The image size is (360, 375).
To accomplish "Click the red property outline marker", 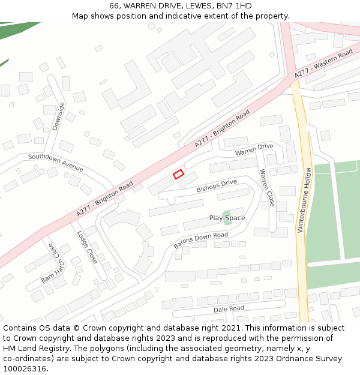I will (178, 174).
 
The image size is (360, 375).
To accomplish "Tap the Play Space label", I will (227, 218).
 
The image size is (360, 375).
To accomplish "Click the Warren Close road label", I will (266, 188).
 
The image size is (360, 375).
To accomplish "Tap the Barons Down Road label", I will (201, 241).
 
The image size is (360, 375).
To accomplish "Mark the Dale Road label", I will (229, 308).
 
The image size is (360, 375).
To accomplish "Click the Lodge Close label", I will (87, 247).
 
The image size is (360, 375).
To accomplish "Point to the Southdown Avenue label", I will (56, 162).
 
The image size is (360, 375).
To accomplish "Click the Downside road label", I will (58, 115).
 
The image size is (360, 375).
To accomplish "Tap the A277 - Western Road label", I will (323, 64).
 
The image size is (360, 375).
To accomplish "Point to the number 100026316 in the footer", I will (25, 368).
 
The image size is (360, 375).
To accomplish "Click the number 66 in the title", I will (114, 5).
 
